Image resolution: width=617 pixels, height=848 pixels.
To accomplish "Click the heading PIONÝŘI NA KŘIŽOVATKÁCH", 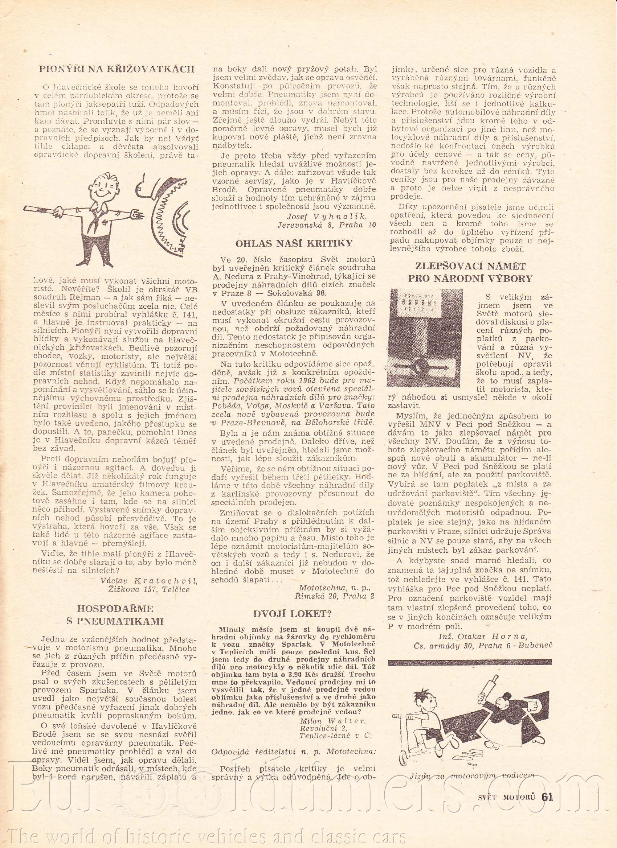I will tap(117, 69).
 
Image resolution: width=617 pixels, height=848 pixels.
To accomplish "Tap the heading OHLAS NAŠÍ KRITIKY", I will tap(294, 243).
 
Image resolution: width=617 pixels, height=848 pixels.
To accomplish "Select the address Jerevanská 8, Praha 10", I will tap(326, 225).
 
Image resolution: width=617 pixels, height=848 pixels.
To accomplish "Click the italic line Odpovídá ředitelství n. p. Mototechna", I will tap(293, 731).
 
